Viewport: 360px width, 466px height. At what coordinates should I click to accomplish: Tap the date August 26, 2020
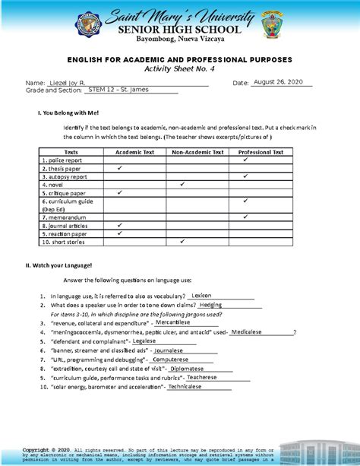pyautogui.click(x=279, y=81)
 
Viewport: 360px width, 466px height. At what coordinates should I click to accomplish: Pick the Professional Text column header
pyautogui.click(x=261, y=152)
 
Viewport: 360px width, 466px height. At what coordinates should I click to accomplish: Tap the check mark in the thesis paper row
pyautogui.click(x=120, y=168)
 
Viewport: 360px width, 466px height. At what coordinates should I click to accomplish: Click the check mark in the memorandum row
pyautogui.click(x=245, y=217)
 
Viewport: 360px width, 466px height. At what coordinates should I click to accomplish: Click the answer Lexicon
pyautogui.click(x=201, y=295)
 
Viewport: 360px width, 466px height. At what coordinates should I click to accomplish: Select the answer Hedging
pyautogui.click(x=210, y=304)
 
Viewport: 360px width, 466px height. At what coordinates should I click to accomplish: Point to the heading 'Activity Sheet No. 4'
pyautogui.click(x=180, y=68)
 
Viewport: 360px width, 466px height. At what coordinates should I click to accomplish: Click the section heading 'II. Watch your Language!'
pyautogui.click(x=58, y=265)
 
